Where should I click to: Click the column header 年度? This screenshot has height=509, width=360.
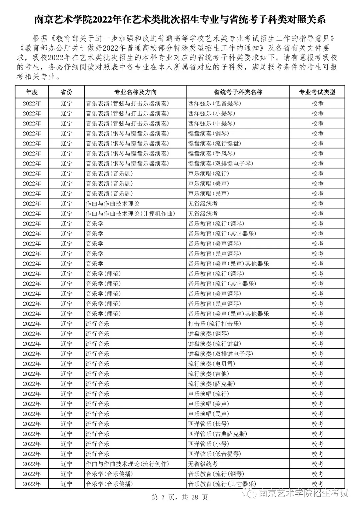tap(32, 92)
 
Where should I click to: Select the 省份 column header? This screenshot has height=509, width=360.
tap(66, 92)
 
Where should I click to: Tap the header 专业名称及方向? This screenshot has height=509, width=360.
tap(135, 92)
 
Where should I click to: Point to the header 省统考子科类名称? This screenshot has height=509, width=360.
tap(238, 92)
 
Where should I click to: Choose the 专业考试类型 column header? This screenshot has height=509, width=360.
tap(317, 92)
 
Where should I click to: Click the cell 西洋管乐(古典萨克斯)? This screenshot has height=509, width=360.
tap(217, 434)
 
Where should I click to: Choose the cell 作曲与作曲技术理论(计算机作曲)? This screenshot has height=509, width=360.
tap(130, 213)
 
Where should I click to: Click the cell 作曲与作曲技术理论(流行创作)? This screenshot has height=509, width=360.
tap(127, 464)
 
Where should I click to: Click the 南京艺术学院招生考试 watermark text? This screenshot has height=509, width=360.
tap(303, 493)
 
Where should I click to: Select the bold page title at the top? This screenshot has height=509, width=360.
tap(180, 20)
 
